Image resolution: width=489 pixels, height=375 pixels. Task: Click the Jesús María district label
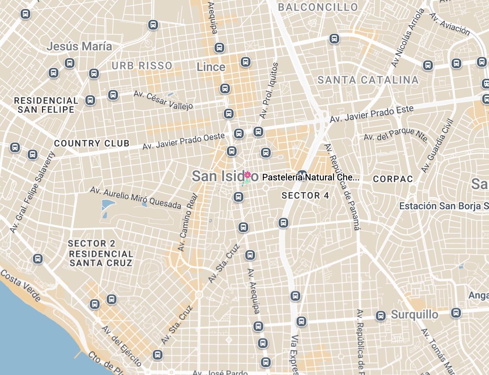coord(79,46)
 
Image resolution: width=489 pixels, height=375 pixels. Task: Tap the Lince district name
coord(211,67)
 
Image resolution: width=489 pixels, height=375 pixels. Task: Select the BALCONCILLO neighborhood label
coord(318,7)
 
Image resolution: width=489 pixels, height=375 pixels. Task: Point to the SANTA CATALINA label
coord(368,80)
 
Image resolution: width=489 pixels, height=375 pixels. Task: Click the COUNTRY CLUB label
coord(92,143)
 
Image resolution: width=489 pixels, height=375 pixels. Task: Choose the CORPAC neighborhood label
coord(393,179)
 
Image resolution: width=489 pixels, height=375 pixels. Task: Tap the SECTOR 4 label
coord(305,195)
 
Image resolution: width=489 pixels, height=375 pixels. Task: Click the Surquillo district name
coord(414,315)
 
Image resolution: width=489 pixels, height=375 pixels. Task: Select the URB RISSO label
coord(142,66)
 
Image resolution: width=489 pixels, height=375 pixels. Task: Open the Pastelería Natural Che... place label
coord(310,177)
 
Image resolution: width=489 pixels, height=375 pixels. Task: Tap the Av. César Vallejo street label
coord(163,100)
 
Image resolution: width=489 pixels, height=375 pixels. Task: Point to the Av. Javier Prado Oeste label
coord(183,141)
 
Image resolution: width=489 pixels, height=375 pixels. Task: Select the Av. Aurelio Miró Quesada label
coord(136,198)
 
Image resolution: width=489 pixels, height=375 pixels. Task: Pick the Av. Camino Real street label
coord(188,222)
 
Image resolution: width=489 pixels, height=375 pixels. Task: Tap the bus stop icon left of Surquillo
coord(381,316)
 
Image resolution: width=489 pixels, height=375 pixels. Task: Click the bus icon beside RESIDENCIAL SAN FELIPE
coord(90,100)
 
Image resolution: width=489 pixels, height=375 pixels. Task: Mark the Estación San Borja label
coord(444,206)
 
